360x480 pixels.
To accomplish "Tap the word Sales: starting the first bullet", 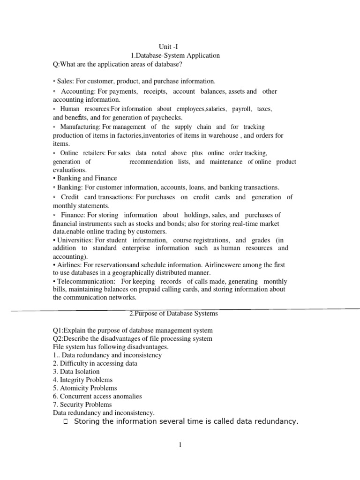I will coord(66,81).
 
